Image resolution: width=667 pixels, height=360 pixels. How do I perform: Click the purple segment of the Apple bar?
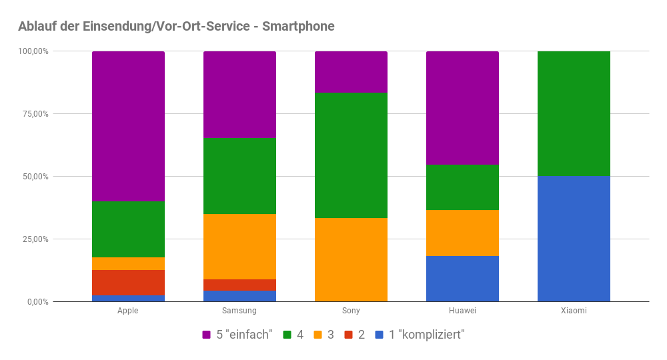point(128,126)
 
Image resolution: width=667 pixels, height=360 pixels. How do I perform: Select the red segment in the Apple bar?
point(128,283)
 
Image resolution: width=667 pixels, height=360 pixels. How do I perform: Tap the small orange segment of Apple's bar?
point(128,263)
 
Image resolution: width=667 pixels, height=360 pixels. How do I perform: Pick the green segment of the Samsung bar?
point(239,176)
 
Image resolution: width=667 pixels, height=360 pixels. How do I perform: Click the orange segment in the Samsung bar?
point(239,247)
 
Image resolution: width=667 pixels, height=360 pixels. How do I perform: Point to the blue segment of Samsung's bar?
point(239,296)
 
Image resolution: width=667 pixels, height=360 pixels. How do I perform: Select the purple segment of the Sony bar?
point(351,72)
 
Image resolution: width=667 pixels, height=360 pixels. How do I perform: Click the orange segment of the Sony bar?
point(351,260)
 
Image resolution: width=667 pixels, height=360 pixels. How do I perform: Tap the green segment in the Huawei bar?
point(462,187)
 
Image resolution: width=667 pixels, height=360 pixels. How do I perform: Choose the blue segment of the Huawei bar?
point(462,279)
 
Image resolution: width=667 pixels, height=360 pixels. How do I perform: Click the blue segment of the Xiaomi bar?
point(574,239)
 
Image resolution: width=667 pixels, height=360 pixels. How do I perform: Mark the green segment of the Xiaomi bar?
point(574,113)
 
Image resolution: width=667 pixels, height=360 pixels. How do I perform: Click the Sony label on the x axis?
point(351,311)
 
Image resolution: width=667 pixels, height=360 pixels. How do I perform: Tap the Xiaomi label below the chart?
point(574,311)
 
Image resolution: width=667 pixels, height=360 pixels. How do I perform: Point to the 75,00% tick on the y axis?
point(33,114)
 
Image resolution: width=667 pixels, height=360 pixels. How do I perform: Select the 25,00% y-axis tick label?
point(33,239)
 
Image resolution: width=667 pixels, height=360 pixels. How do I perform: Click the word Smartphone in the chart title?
point(298,27)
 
